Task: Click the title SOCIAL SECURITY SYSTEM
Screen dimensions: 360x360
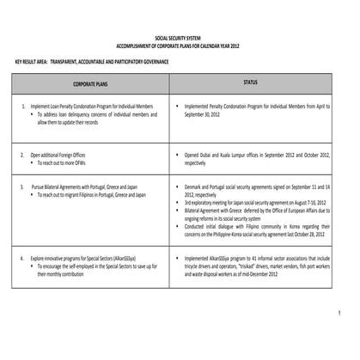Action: [180, 40]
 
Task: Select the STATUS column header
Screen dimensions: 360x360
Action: [250, 83]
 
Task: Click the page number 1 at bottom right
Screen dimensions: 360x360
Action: [340, 311]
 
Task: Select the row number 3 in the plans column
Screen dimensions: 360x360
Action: [22, 187]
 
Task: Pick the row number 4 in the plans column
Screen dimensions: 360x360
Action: [22, 258]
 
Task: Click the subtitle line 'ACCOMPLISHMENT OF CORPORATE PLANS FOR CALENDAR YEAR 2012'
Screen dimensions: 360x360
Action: [180, 46]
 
